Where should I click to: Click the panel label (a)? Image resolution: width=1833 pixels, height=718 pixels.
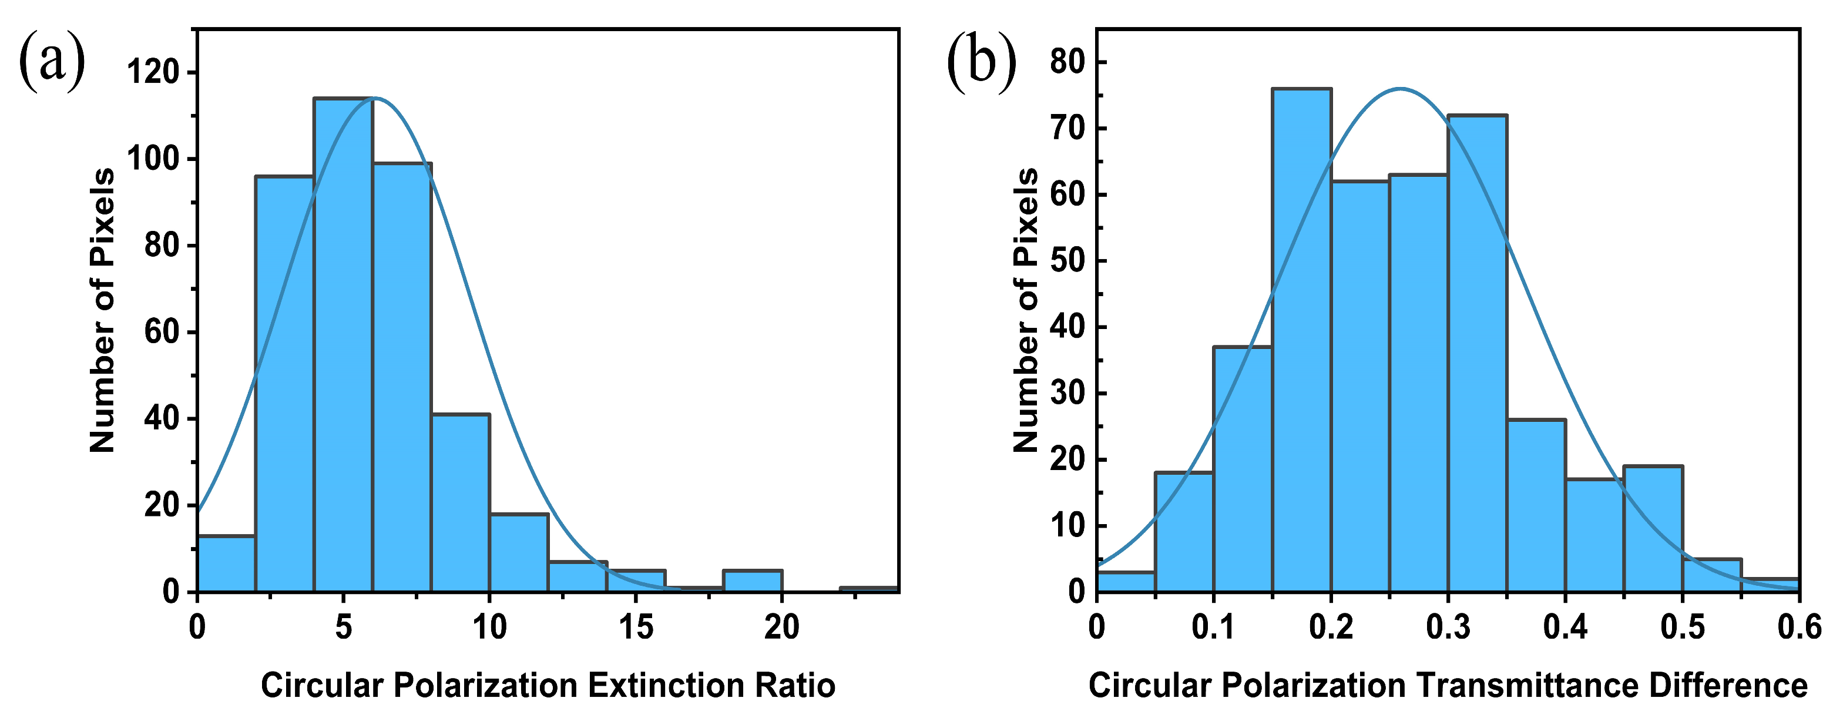click(x=51, y=63)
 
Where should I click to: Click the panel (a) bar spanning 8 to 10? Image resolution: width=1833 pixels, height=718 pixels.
click(x=461, y=502)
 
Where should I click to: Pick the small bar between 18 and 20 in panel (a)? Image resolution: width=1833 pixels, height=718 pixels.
click(x=752, y=581)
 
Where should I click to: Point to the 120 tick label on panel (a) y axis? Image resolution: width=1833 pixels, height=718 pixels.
click(x=152, y=73)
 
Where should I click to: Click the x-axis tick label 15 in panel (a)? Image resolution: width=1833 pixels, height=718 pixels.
click(x=636, y=628)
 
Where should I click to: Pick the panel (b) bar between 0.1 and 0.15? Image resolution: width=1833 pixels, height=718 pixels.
click(x=1243, y=469)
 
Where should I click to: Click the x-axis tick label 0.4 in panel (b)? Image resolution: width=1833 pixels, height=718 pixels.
click(x=1565, y=628)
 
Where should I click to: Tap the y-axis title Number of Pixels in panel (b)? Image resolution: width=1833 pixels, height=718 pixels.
click(x=1025, y=310)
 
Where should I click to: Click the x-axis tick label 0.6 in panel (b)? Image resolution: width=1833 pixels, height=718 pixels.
click(x=1799, y=628)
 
